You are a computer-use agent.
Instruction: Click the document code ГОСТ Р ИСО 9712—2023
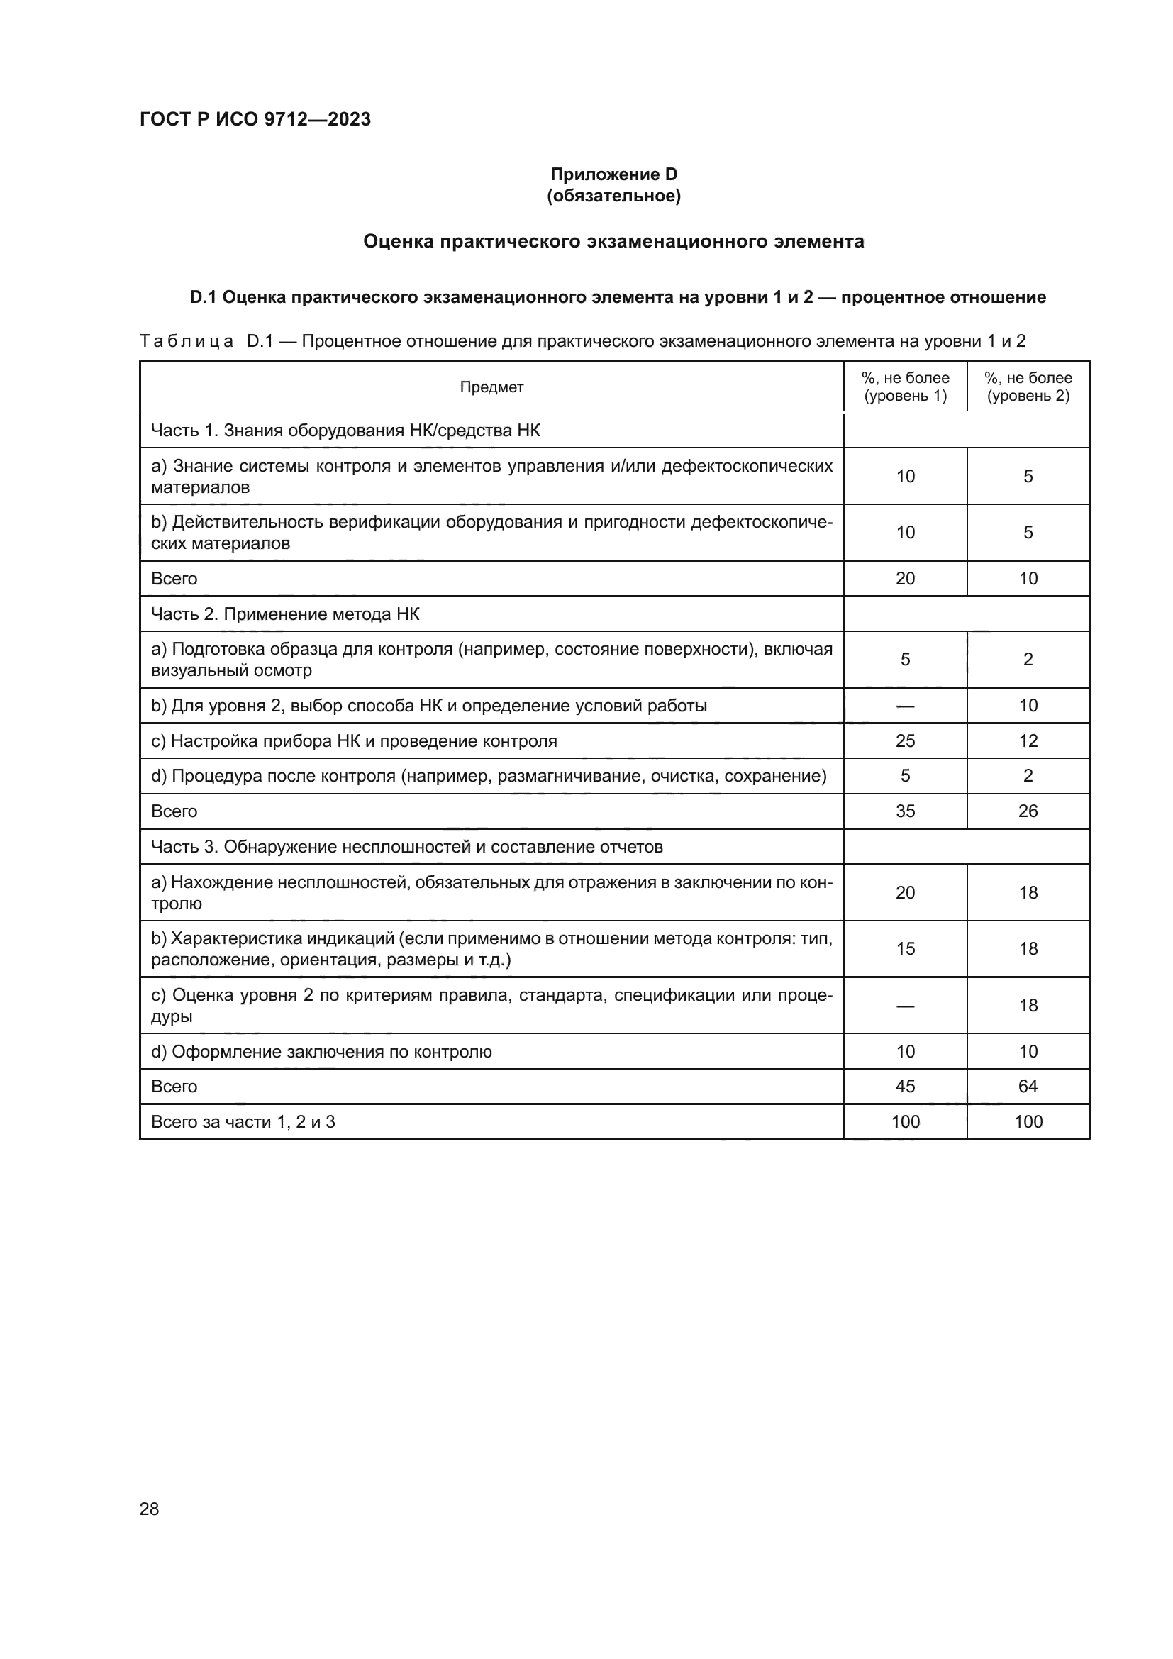tap(255, 119)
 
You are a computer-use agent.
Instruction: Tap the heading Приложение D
tap(613, 174)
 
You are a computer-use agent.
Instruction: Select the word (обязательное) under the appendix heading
tap(613, 196)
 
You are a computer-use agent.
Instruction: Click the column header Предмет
tap(491, 387)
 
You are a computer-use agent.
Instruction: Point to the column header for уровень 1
tap(905, 387)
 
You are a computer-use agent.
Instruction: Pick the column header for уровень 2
tap(1028, 387)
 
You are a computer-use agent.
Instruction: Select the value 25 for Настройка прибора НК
tap(905, 740)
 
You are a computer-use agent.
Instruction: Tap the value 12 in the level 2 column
tap(1028, 740)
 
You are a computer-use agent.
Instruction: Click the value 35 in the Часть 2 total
tap(905, 811)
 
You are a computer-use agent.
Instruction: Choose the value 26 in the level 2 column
tap(1028, 811)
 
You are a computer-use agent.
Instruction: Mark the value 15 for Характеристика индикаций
tap(905, 949)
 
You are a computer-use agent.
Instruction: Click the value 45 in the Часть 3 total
tap(905, 1086)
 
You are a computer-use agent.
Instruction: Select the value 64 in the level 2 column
tap(1028, 1086)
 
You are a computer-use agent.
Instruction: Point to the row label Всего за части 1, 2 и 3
tap(243, 1121)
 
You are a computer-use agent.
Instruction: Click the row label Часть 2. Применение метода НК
tap(284, 614)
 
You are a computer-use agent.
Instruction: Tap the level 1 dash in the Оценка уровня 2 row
tap(905, 1006)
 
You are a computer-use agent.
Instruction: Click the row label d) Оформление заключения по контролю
tap(321, 1051)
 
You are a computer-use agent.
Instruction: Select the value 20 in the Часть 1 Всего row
tap(905, 579)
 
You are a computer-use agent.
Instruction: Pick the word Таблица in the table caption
tap(187, 341)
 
